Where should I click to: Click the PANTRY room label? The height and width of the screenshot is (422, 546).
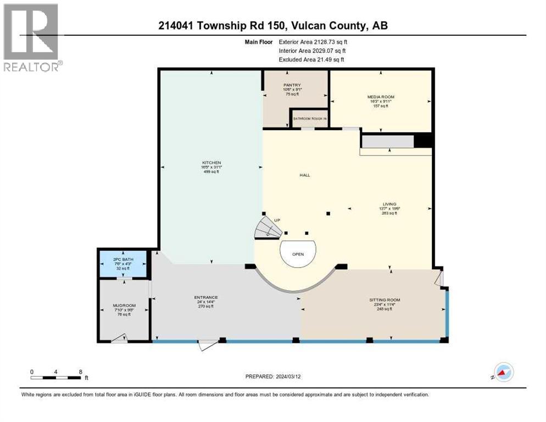point(292,85)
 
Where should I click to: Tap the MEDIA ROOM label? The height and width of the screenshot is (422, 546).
point(381,97)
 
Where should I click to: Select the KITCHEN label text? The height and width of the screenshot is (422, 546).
point(211,163)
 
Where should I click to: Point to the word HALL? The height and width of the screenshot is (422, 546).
point(305,175)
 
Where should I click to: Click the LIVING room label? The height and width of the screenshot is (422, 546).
point(390,204)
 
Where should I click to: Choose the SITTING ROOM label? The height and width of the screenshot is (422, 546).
point(385,300)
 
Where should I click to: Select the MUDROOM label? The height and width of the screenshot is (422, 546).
point(124,306)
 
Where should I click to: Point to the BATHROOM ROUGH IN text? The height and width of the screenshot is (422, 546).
point(310,119)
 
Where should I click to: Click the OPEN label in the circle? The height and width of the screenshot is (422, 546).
point(298,254)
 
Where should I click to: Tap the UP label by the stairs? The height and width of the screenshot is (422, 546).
point(277,220)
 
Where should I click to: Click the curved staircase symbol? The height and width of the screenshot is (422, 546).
point(267,227)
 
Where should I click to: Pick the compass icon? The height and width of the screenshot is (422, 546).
point(503,372)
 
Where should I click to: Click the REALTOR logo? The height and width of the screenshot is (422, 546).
point(32,37)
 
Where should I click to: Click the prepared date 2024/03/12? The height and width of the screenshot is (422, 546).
point(274,376)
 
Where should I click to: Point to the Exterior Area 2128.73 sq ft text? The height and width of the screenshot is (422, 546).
point(313,41)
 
